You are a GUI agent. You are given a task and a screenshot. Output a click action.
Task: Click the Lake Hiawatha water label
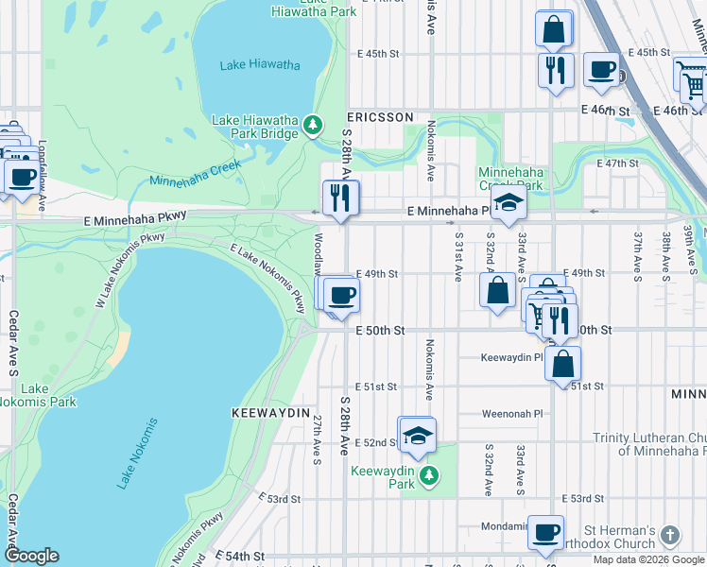click(x=260, y=65)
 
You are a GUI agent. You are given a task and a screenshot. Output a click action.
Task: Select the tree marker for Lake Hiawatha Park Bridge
click(x=313, y=123)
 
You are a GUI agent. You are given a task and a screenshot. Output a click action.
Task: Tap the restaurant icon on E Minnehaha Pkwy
click(x=340, y=198)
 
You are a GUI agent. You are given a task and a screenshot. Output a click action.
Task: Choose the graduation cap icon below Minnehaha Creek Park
click(x=508, y=203)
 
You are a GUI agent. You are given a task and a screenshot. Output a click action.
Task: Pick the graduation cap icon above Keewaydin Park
click(x=416, y=435)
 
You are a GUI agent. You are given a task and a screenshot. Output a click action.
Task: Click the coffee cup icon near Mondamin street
click(x=545, y=533)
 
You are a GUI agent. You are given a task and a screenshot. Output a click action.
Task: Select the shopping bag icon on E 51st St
click(x=563, y=363)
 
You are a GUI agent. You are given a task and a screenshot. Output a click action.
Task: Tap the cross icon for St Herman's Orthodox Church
click(x=669, y=536)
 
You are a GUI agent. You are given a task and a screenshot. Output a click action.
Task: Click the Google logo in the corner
click(x=31, y=556)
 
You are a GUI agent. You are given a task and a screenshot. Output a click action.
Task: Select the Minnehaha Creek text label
click(x=195, y=173)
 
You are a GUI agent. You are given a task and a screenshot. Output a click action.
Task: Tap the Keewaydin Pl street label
click(x=511, y=358)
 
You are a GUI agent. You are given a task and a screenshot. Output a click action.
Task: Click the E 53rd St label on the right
click(x=583, y=498)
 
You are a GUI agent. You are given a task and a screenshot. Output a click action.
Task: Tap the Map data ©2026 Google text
click(x=647, y=559)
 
